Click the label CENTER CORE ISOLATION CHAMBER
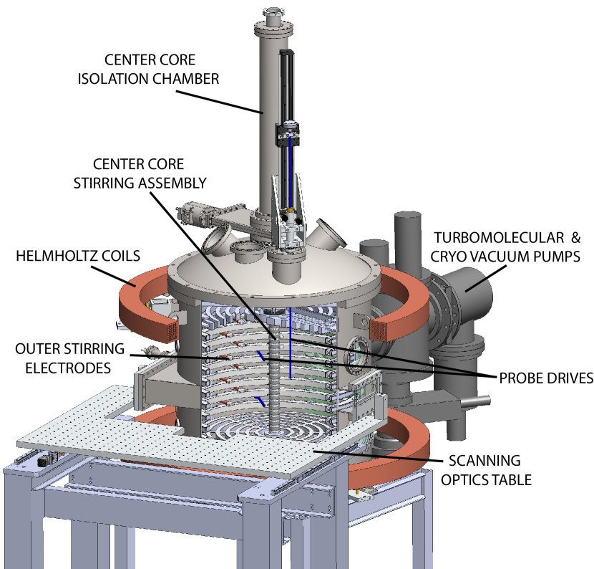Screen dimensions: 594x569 click(148, 70)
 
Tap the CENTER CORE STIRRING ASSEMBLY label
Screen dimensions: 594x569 click(140, 173)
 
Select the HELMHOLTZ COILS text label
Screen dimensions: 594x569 click(78, 256)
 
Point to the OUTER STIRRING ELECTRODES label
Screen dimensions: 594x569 click(69, 358)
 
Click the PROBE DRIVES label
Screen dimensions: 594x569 click(546, 378)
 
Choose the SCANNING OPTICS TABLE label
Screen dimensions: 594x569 click(486, 470)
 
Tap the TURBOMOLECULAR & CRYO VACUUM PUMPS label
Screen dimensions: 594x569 click(505, 247)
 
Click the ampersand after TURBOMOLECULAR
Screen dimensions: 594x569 click(576, 238)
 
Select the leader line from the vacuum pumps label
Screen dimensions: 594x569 click(486, 279)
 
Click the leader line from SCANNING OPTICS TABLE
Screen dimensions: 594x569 click(378, 456)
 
